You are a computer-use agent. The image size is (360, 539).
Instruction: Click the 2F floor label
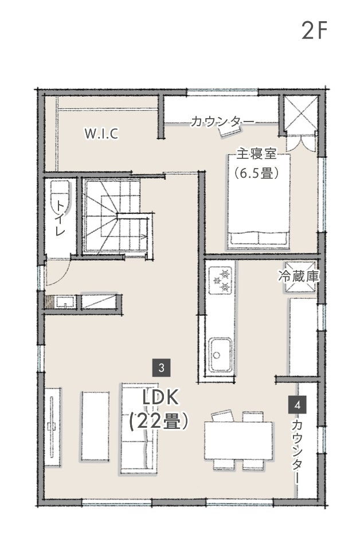pyautogui.click(x=314, y=30)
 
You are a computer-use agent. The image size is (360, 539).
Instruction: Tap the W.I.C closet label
pyautogui.click(x=101, y=134)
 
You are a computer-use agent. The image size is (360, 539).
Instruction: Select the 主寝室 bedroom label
pyautogui.click(x=257, y=154)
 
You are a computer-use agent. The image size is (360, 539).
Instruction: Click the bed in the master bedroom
pyautogui.click(x=259, y=201)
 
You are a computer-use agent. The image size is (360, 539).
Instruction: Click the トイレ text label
pyautogui.click(x=60, y=218)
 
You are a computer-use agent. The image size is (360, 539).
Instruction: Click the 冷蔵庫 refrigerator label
pyautogui.click(x=299, y=276)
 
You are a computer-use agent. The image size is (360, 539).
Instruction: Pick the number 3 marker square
pyautogui.click(x=162, y=368)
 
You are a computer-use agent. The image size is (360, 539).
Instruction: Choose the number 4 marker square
pyautogui.click(x=298, y=405)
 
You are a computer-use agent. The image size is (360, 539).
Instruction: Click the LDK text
pyautogui.click(x=161, y=398)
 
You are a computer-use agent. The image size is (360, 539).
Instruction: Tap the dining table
pyautogui.click(x=238, y=440)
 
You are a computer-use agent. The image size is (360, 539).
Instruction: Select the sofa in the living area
pyautogui.click(x=138, y=429)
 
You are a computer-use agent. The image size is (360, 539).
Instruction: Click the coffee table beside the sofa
pyautogui.click(x=96, y=426)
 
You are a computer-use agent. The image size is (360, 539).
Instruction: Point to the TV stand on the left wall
pyautogui.click(x=53, y=427)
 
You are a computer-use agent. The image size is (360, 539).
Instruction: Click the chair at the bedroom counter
pyautogui.click(x=230, y=131)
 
